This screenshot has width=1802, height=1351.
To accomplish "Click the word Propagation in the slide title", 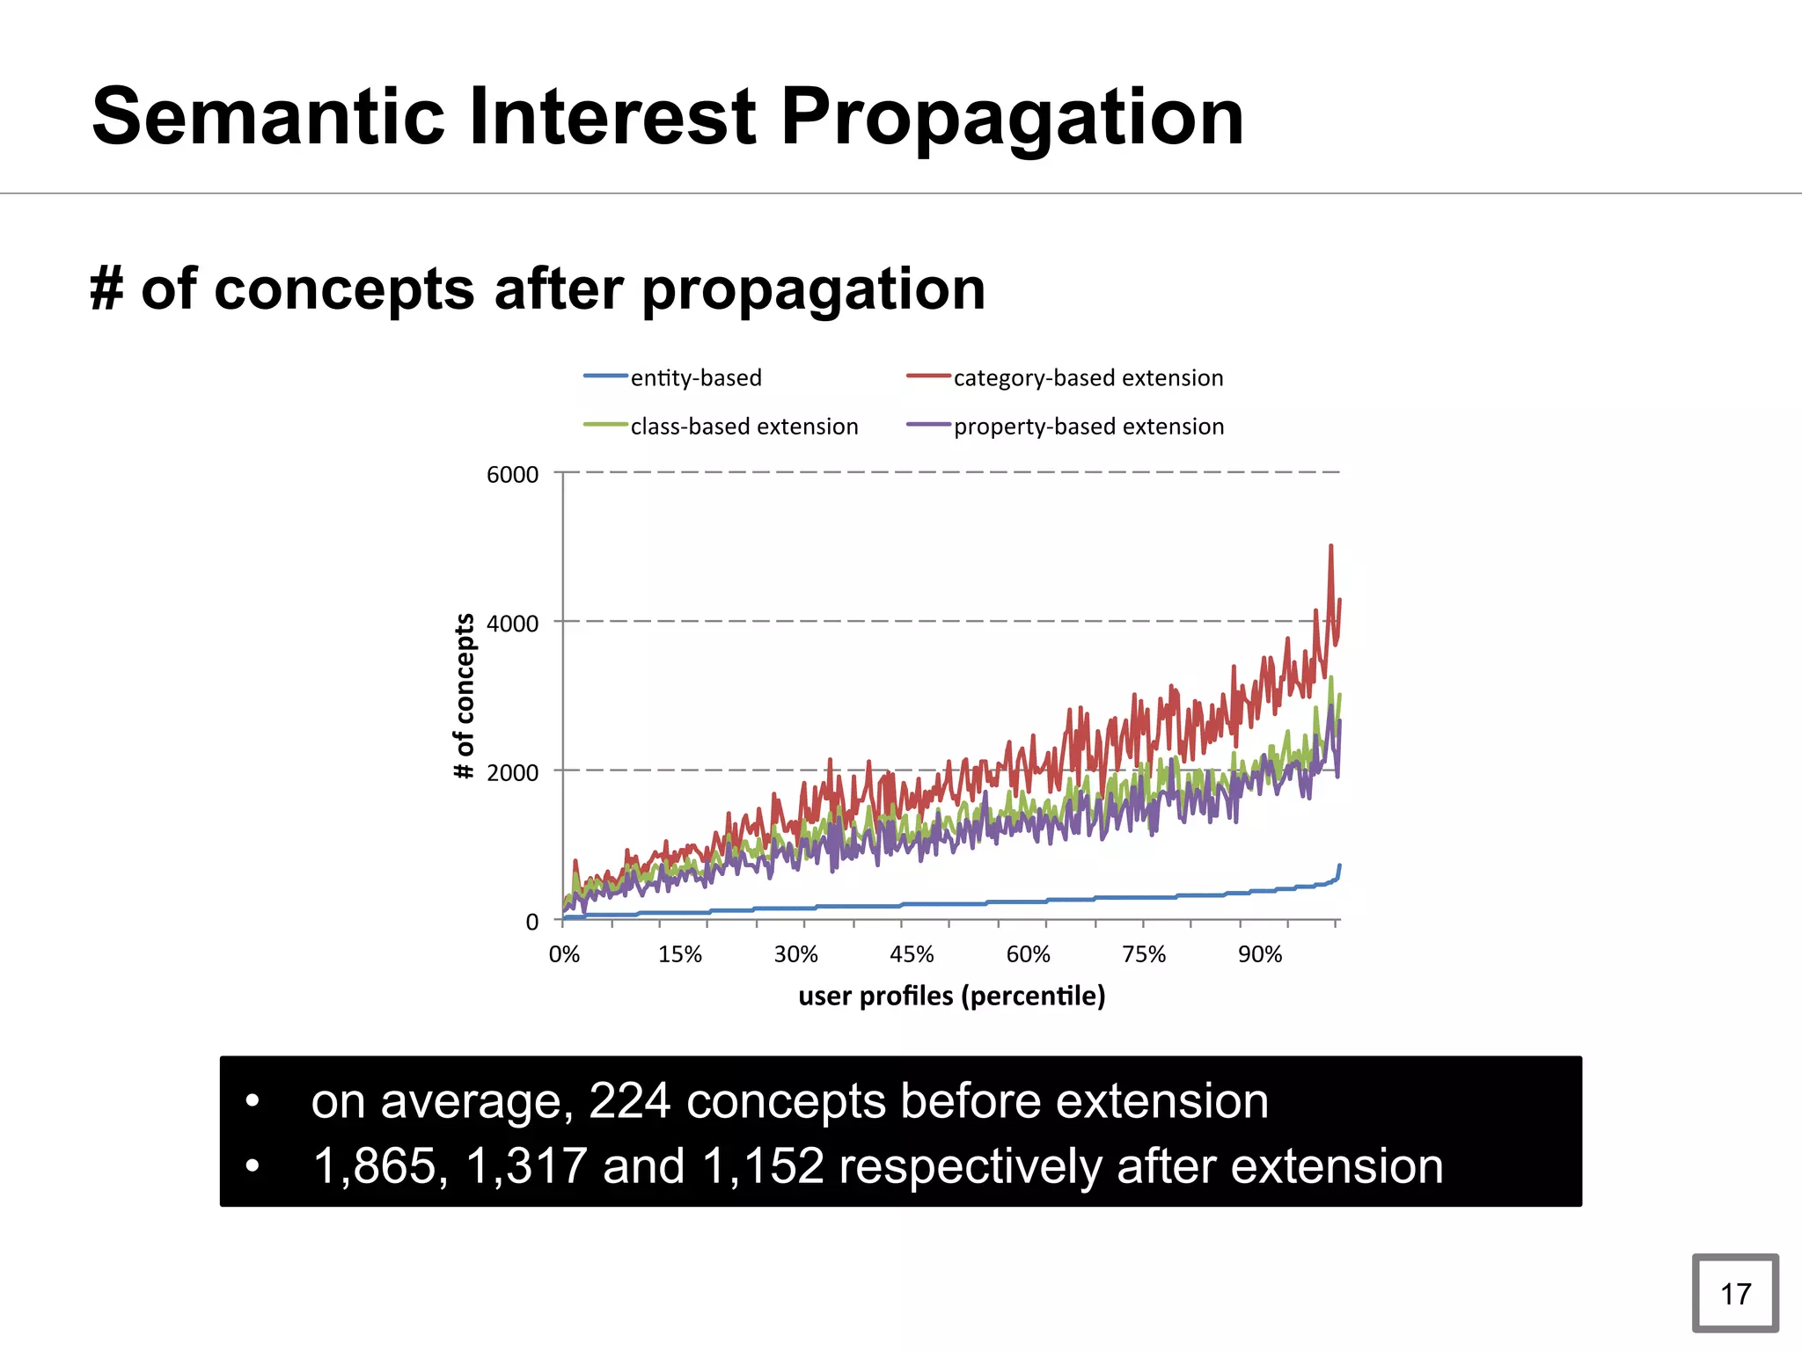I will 1012,119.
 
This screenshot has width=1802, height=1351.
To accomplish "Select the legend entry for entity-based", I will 695,378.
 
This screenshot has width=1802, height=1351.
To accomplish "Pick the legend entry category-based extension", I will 1088,378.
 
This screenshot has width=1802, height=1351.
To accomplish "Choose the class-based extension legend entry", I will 744,427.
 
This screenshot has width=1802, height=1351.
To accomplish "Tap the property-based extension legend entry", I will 1088,427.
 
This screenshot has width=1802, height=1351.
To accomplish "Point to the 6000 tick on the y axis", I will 512,475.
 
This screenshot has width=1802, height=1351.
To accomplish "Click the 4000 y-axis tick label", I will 512,624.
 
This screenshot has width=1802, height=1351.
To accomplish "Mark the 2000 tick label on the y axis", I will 512,773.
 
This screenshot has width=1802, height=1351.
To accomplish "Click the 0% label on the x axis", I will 564,955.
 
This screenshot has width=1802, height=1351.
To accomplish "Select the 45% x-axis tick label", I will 912,955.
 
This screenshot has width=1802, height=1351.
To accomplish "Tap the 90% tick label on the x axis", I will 1260,955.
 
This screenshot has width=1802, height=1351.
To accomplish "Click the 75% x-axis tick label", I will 1144,955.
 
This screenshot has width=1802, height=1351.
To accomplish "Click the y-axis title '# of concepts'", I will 464,696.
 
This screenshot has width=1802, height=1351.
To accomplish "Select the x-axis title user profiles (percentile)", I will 951,997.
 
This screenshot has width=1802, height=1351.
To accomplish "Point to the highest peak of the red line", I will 1330,547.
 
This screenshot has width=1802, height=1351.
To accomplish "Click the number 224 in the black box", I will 629,1101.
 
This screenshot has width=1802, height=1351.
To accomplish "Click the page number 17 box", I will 1734,1294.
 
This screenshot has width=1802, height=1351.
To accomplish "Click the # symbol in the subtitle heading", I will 106,289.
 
